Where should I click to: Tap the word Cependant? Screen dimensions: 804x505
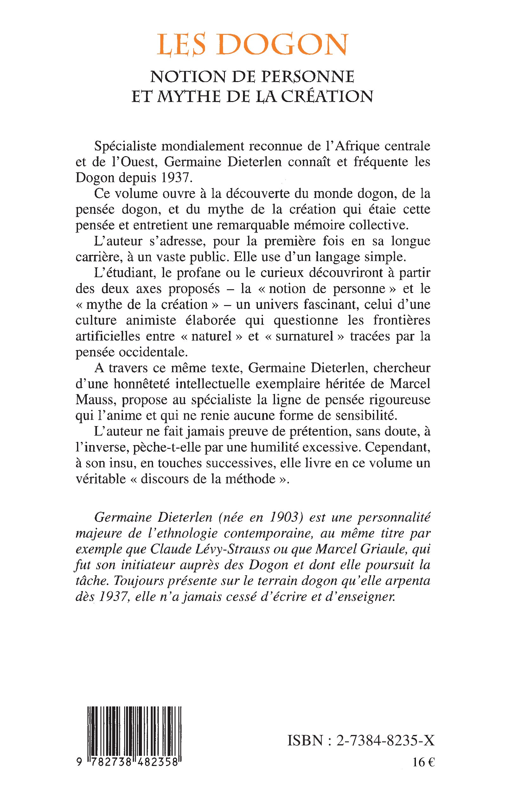point(397,447)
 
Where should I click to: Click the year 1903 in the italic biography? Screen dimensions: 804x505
point(283,517)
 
